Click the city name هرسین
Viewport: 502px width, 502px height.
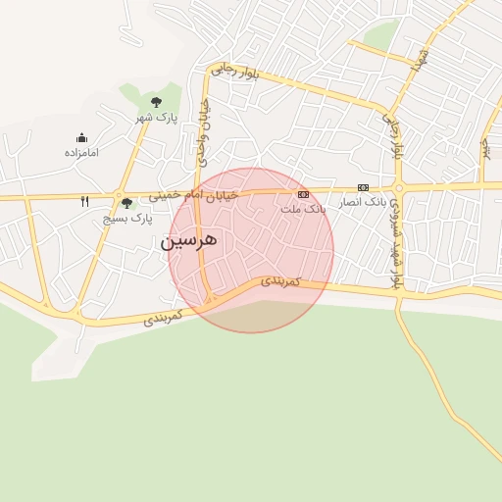point(189,239)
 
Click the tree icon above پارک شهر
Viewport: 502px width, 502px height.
point(156,102)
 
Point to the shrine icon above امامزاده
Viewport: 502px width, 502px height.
point(81,138)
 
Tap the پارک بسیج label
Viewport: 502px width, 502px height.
point(127,219)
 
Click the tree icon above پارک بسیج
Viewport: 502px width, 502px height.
point(126,203)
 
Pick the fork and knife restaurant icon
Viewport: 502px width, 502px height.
point(85,201)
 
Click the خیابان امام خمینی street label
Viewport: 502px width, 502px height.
point(193,194)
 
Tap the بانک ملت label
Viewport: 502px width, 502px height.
point(302,209)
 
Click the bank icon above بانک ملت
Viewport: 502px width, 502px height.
point(303,194)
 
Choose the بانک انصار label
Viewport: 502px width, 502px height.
point(363,202)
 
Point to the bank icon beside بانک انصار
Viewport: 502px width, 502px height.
point(364,187)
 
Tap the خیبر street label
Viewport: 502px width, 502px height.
point(483,147)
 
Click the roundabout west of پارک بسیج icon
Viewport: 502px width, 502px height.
point(117,195)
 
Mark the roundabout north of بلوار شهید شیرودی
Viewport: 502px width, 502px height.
point(398,187)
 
